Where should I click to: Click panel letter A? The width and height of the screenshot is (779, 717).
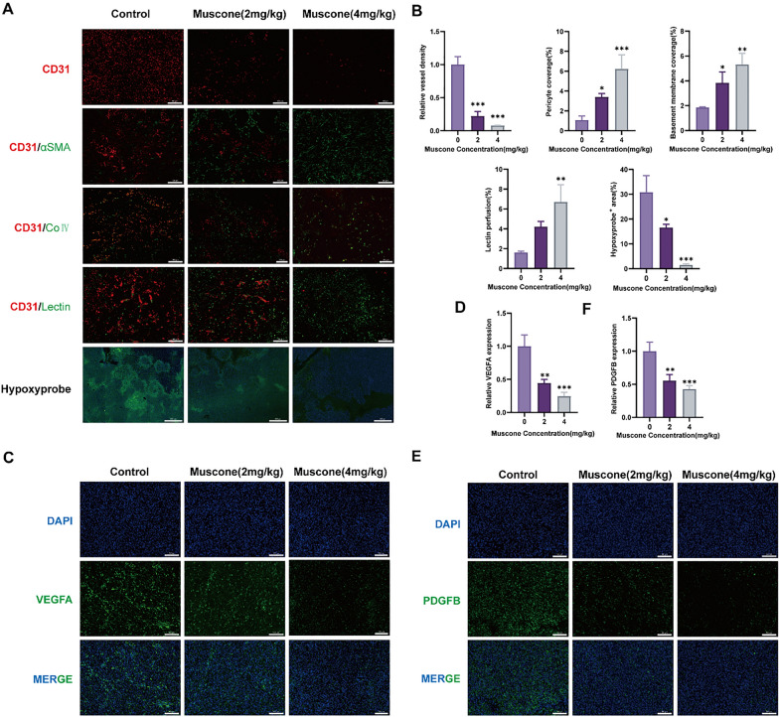(9, 10)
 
